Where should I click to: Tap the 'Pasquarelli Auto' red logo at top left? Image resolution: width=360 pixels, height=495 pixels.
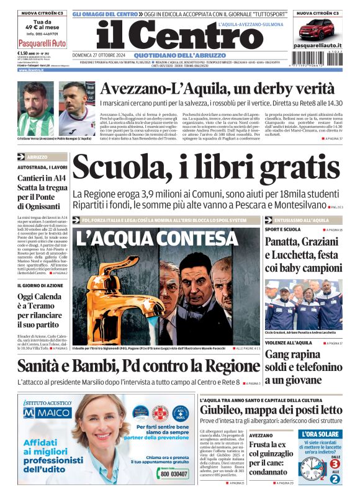point(42,43)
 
